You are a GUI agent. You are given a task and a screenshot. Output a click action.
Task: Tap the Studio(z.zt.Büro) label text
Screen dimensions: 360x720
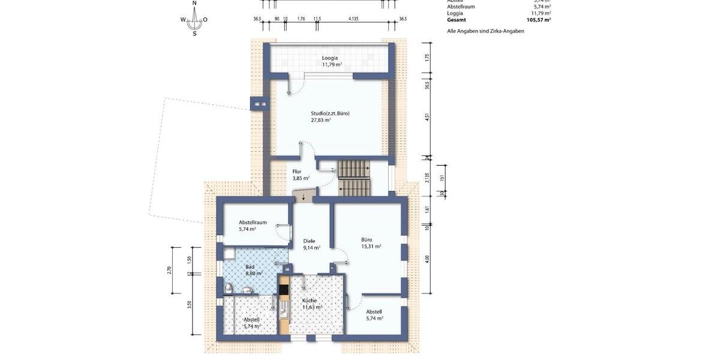coord(329,113)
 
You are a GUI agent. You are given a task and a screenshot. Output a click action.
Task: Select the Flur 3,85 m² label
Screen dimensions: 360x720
coord(300,175)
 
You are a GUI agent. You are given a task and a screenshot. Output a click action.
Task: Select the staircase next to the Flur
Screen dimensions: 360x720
coord(353,178)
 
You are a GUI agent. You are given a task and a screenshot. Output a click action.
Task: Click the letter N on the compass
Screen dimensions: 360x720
coord(194,4)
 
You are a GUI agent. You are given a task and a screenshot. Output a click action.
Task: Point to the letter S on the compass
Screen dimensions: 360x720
coord(194,34)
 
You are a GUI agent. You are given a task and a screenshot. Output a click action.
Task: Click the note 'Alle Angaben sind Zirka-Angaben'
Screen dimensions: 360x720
coord(485,31)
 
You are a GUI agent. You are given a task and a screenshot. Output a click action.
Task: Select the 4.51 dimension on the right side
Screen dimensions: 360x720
coord(427,118)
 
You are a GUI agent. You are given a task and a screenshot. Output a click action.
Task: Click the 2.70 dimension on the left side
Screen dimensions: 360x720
coord(170,270)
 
